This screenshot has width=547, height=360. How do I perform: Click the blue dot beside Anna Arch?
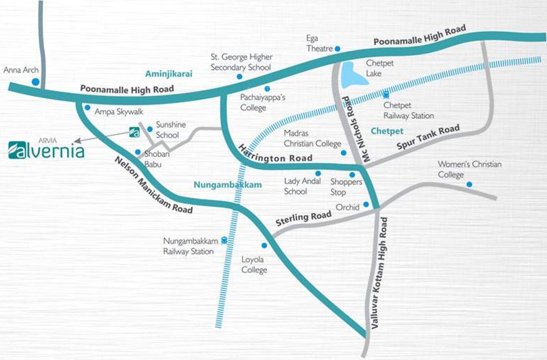[35, 82]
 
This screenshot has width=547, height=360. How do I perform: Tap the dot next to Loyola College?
[264, 245]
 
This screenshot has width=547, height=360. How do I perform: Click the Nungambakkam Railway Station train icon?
[224, 240]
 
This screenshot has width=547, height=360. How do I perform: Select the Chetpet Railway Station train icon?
[386, 95]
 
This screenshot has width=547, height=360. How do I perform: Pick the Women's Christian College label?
[469, 169]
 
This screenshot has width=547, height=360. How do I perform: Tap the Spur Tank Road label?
[428, 138]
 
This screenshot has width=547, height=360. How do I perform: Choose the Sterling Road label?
[303, 218]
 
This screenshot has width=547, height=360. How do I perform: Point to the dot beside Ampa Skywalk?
[87, 107]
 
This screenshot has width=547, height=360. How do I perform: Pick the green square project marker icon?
[134, 132]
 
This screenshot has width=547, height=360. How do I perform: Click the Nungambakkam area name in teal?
[227, 185]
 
